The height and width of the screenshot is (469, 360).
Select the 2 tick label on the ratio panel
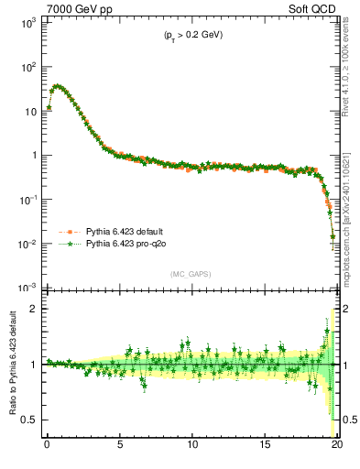coord(34,309)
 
